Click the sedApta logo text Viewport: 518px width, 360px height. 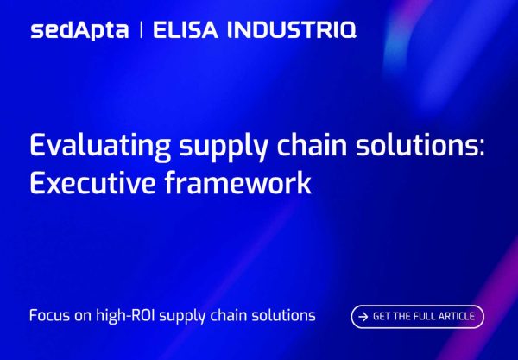(79, 30)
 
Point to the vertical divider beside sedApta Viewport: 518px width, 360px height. (140, 30)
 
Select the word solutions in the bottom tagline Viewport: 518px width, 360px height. (283, 316)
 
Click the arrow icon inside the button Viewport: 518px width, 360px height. (363, 317)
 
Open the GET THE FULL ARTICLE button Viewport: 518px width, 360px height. (417, 317)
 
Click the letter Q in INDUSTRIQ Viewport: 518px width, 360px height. (344, 31)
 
